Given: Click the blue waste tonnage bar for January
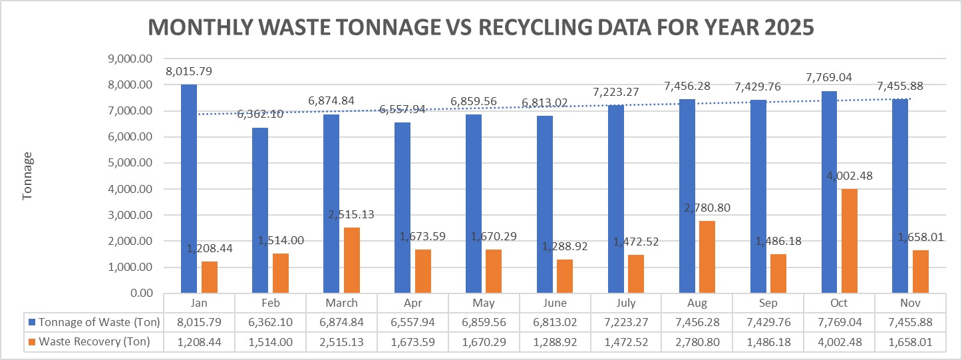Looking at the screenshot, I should pos(189,189).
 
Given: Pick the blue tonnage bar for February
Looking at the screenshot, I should pos(260,210).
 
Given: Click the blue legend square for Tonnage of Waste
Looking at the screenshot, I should pos(31,323).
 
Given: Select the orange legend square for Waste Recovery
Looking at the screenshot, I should pos(31,342).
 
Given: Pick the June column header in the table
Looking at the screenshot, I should pos(555,303).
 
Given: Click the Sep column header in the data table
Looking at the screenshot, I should pos(768,303).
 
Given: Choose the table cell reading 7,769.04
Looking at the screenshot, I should pos(840,323).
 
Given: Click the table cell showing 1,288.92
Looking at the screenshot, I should pos(555,342).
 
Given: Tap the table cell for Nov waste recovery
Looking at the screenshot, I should pos(911,342).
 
